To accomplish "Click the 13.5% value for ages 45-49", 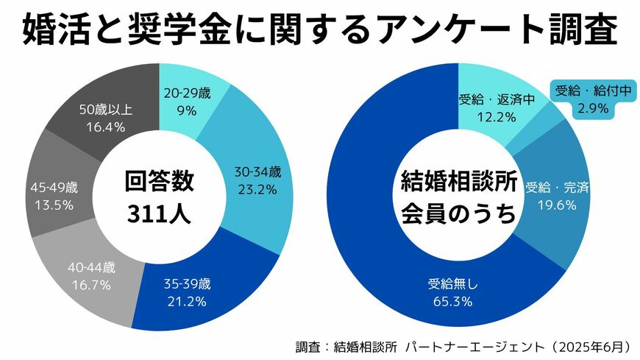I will [x=53, y=205].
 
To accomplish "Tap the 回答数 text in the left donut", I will [x=159, y=181].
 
